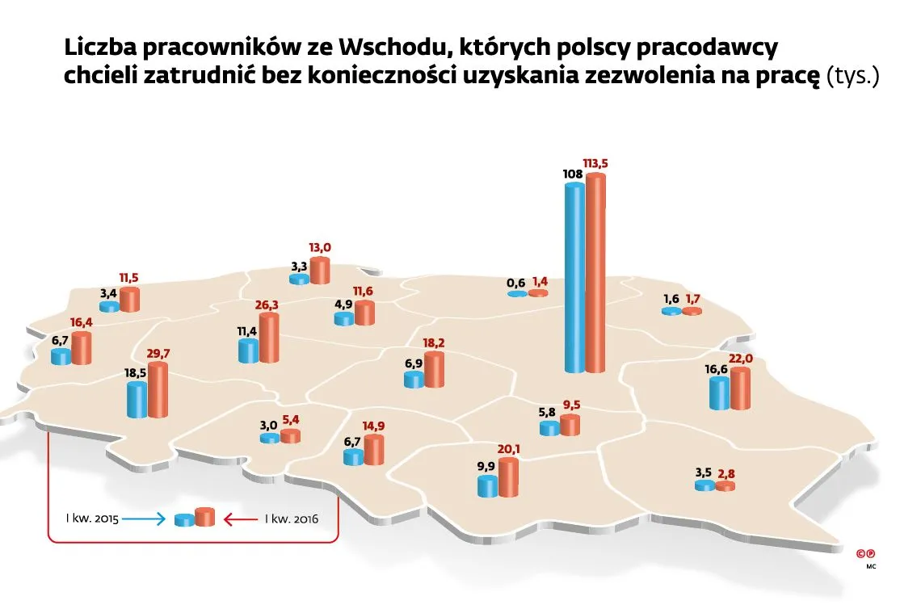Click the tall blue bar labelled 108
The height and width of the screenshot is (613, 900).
tap(574, 279)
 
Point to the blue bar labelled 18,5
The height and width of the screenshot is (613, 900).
tap(137, 399)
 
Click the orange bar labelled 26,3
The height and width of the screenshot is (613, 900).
tap(269, 338)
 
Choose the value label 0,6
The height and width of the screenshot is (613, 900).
tap(516, 283)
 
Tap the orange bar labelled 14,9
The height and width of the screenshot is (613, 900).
tap(374, 450)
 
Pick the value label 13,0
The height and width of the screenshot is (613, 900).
tap(320, 248)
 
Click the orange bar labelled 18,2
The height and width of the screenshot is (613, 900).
tap(434, 370)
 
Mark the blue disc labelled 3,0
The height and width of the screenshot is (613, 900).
tap(269, 438)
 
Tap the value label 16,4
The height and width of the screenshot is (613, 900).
tap(82, 322)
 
